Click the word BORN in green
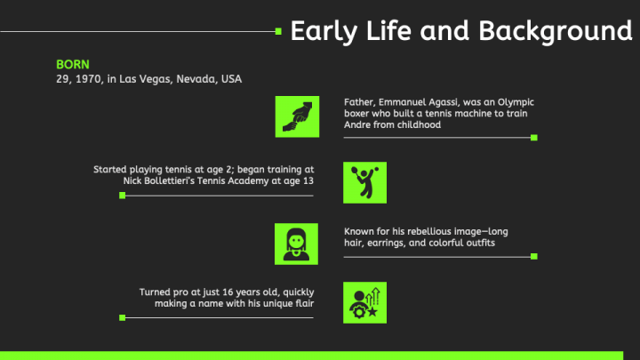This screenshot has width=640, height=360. pos(73,65)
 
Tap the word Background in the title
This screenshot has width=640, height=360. pos(556,31)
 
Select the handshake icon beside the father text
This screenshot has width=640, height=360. pos(297,116)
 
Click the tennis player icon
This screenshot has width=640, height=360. pos(365,182)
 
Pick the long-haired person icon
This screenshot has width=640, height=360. pos(296,244)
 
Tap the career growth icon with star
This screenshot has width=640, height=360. pos(365,302)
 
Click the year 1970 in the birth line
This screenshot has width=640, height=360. pos(90,79)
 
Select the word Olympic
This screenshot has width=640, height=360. pos(516,103)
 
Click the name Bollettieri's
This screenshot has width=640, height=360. pos(170,180)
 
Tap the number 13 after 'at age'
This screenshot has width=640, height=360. pos(308,180)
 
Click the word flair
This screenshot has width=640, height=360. pos(305,304)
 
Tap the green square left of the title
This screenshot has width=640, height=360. pos(278,31)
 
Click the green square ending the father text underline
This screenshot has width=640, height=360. pos(534,138)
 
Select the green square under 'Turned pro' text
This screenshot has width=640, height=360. pos(123,317)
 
